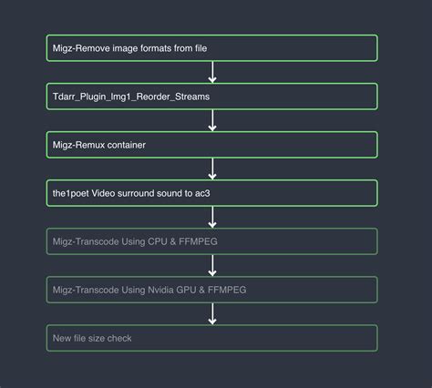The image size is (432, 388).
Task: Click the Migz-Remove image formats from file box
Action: tap(211, 48)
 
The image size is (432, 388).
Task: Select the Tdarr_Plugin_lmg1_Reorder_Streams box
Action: tap(211, 97)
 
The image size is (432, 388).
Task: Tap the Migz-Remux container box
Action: tap(211, 145)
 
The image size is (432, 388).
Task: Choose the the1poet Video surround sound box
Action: tap(211, 193)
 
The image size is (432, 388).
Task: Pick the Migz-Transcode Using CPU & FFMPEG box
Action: tap(211, 241)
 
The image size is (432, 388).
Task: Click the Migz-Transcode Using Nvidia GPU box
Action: tap(211, 290)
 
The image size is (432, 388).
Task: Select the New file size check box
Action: tap(211, 338)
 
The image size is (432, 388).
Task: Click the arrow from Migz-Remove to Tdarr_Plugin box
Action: tap(212, 72)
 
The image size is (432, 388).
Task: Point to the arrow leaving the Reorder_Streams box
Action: tap(212, 120)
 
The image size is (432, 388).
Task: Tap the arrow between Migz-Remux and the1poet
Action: tap(212, 168)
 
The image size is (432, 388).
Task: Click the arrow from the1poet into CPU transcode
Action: tap(212, 217)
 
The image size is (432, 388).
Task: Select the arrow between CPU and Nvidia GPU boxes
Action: tap(212, 265)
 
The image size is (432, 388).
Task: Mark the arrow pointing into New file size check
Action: tap(212, 313)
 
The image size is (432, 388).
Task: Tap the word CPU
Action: tap(157, 241)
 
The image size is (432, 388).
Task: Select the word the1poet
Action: tap(72, 193)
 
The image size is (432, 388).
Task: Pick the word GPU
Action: tap(189, 290)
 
